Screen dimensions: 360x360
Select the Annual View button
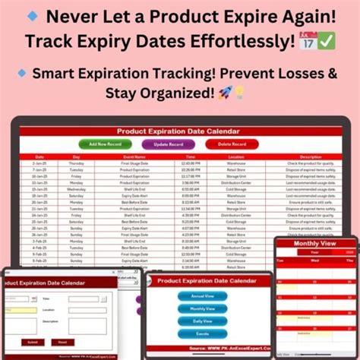202,296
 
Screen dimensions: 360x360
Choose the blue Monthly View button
202,308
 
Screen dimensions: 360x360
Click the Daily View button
202,321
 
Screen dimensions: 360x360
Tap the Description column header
311,157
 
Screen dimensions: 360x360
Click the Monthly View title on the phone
316,245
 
